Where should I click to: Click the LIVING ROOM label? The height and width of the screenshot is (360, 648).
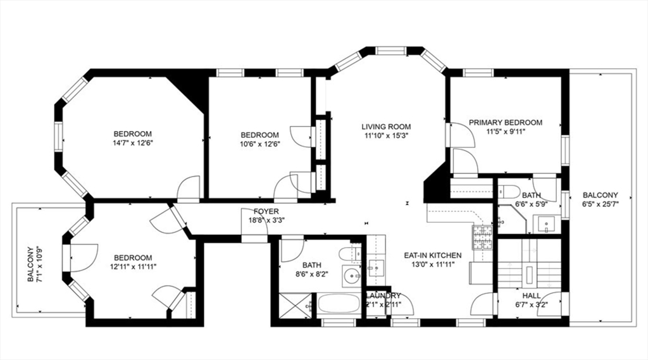click(x=386, y=127)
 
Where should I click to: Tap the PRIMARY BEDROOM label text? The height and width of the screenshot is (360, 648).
click(x=506, y=123)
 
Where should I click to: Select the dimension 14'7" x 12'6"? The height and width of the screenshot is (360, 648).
click(x=133, y=143)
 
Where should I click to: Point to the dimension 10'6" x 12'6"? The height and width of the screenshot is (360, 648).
click(x=259, y=144)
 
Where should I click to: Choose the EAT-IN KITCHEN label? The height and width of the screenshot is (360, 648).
click(x=433, y=256)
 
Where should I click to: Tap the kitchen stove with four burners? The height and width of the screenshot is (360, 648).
click(x=482, y=238)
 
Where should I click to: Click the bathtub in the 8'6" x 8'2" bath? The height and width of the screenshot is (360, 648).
click(x=339, y=304)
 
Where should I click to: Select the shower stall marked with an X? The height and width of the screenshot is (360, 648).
click(x=295, y=306)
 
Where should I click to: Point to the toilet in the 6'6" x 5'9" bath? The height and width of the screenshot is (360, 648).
click(x=508, y=192)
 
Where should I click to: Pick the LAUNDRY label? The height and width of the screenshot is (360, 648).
click(x=383, y=296)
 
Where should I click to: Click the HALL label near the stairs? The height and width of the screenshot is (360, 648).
click(x=532, y=296)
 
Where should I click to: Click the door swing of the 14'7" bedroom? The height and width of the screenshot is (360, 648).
click(x=188, y=187)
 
